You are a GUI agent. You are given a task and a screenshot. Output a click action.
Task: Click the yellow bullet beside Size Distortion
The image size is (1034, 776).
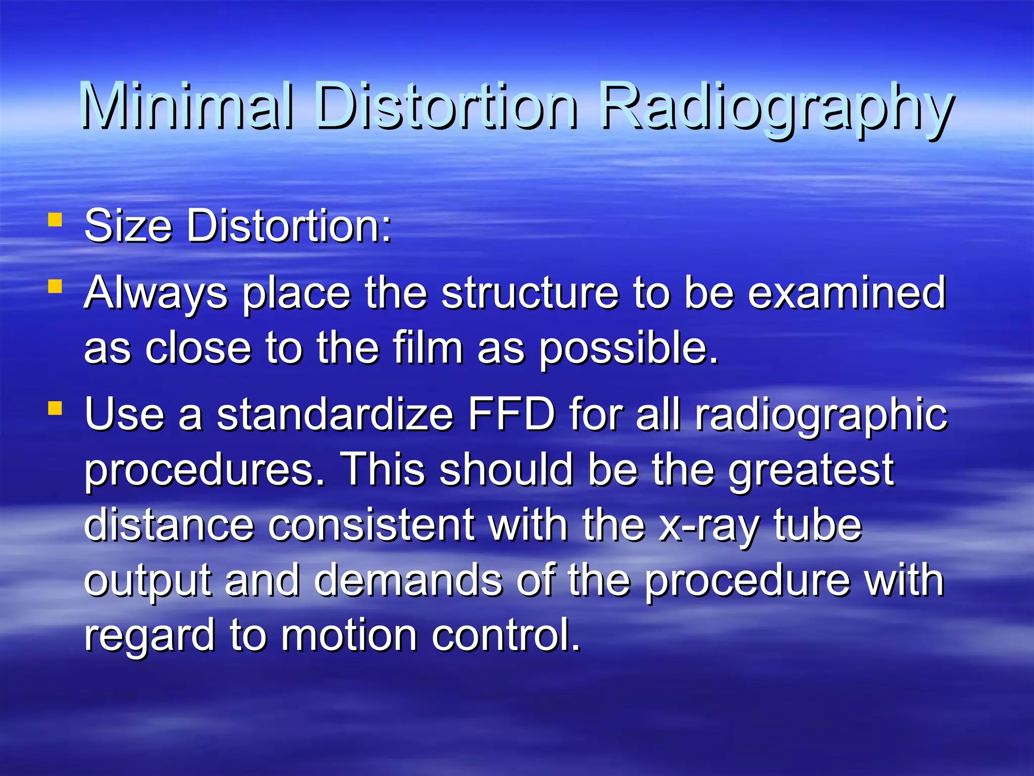[55, 220]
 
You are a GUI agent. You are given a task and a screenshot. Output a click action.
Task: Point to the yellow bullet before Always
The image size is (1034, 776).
[55, 287]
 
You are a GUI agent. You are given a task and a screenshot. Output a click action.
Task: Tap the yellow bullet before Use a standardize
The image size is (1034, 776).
[55, 408]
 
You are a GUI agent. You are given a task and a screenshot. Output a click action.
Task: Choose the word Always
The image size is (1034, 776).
[156, 294]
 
